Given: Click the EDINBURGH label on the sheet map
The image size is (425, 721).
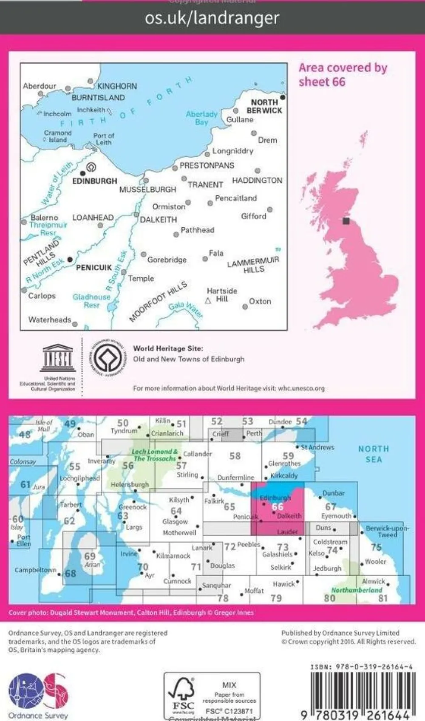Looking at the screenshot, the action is (94, 181).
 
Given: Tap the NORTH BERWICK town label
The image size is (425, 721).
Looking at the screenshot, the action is (264, 106).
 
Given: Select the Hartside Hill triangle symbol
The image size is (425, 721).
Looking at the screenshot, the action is (208, 301).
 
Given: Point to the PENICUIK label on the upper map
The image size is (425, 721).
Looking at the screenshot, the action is (94, 268).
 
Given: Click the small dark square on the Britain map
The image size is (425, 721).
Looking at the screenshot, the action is (346, 221).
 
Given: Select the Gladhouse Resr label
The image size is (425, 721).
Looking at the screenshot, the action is (91, 301).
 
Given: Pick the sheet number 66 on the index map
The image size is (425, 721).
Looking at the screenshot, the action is (278, 506).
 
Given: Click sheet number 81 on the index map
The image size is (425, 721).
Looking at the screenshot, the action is (383, 598).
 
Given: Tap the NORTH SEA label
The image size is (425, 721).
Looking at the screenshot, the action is (373, 454).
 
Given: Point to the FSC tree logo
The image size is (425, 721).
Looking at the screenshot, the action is (183, 693).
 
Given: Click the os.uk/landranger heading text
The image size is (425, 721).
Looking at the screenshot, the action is (212, 18).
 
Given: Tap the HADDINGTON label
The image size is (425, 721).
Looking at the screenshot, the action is (257, 181).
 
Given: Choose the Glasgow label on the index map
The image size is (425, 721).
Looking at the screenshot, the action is (175, 521).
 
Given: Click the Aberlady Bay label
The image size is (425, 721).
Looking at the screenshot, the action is (201, 118).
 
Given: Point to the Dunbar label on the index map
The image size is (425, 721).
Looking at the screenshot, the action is (334, 493).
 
